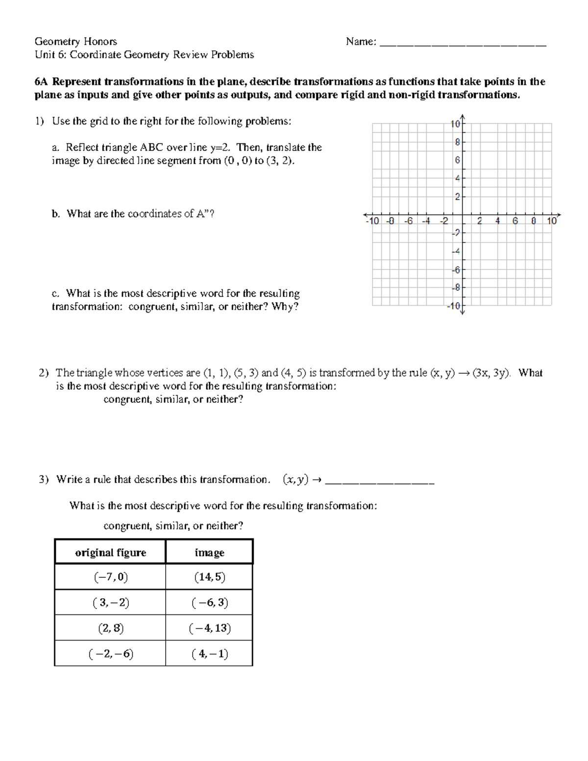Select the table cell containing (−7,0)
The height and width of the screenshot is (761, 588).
point(110,577)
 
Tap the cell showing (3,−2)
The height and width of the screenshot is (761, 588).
point(110,603)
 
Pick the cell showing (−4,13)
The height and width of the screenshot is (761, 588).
point(209,628)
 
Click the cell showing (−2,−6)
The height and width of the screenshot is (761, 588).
point(110,654)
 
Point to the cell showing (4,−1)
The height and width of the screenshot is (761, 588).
point(209,654)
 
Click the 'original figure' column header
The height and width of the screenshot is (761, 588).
point(110,553)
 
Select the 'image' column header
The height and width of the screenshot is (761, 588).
point(209,553)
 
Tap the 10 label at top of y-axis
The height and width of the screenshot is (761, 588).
point(455,124)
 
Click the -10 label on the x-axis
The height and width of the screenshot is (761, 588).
point(372,221)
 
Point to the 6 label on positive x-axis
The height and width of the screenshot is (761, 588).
point(515,221)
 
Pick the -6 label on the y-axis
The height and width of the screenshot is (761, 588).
point(456,270)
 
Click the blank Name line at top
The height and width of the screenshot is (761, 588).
point(463,43)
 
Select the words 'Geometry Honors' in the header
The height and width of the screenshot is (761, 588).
point(75,42)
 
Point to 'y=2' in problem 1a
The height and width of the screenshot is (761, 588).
point(223,147)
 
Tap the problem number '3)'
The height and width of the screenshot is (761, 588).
point(44,479)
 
